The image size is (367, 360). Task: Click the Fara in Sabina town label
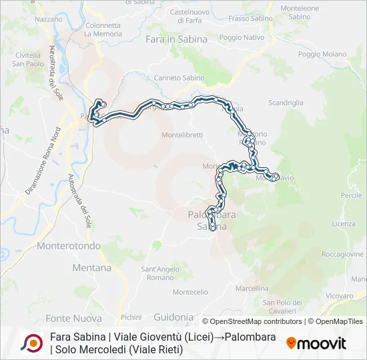click(176, 39)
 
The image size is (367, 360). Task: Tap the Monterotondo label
click(68, 246)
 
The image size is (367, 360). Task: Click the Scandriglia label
click(286, 103)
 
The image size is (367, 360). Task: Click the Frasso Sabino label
click(250, 19)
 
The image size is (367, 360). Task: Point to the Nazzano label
click(48, 19)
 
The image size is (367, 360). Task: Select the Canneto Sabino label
click(179, 78)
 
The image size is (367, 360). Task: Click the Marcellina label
click(252, 289)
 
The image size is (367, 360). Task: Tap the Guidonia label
click(173, 317)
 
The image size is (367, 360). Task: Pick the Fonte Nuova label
click(73, 318)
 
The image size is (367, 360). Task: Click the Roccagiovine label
click(342, 255)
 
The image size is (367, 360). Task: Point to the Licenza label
click(344, 224)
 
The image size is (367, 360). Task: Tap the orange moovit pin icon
click(291, 343)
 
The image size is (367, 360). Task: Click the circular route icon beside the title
click(32, 343)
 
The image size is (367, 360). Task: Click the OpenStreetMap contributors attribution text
click(253, 321)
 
